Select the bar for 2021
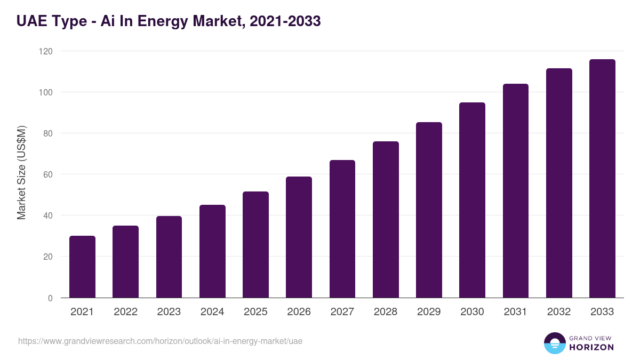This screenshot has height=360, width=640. click(x=82, y=267)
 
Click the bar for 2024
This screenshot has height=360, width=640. click(x=212, y=251)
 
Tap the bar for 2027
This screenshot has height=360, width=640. click(x=342, y=229)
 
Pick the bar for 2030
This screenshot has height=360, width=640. click(x=472, y=200)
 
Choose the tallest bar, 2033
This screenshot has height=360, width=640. click(x=602, y=179)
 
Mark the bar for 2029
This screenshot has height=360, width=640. click(x=429, y=210)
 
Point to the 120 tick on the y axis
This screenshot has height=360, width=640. click(x=46, y=51)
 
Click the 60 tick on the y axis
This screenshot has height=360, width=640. click(x=49, y=174)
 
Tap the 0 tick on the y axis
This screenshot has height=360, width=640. click(x=50, y=298)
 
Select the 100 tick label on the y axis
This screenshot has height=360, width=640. click(x=46, y=92)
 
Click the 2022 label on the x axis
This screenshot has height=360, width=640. click(x=125, y=312)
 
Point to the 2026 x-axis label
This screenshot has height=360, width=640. click(x=299, y=312)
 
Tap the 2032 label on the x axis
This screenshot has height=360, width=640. click(x=559, y=312)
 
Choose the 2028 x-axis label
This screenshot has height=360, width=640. click(x=386, y=312)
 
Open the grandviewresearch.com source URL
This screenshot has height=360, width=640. click(x=160, y=341)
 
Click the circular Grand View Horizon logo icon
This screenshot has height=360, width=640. click(x=554, y=343)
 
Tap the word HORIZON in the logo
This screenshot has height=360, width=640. click(x=591, y=347)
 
